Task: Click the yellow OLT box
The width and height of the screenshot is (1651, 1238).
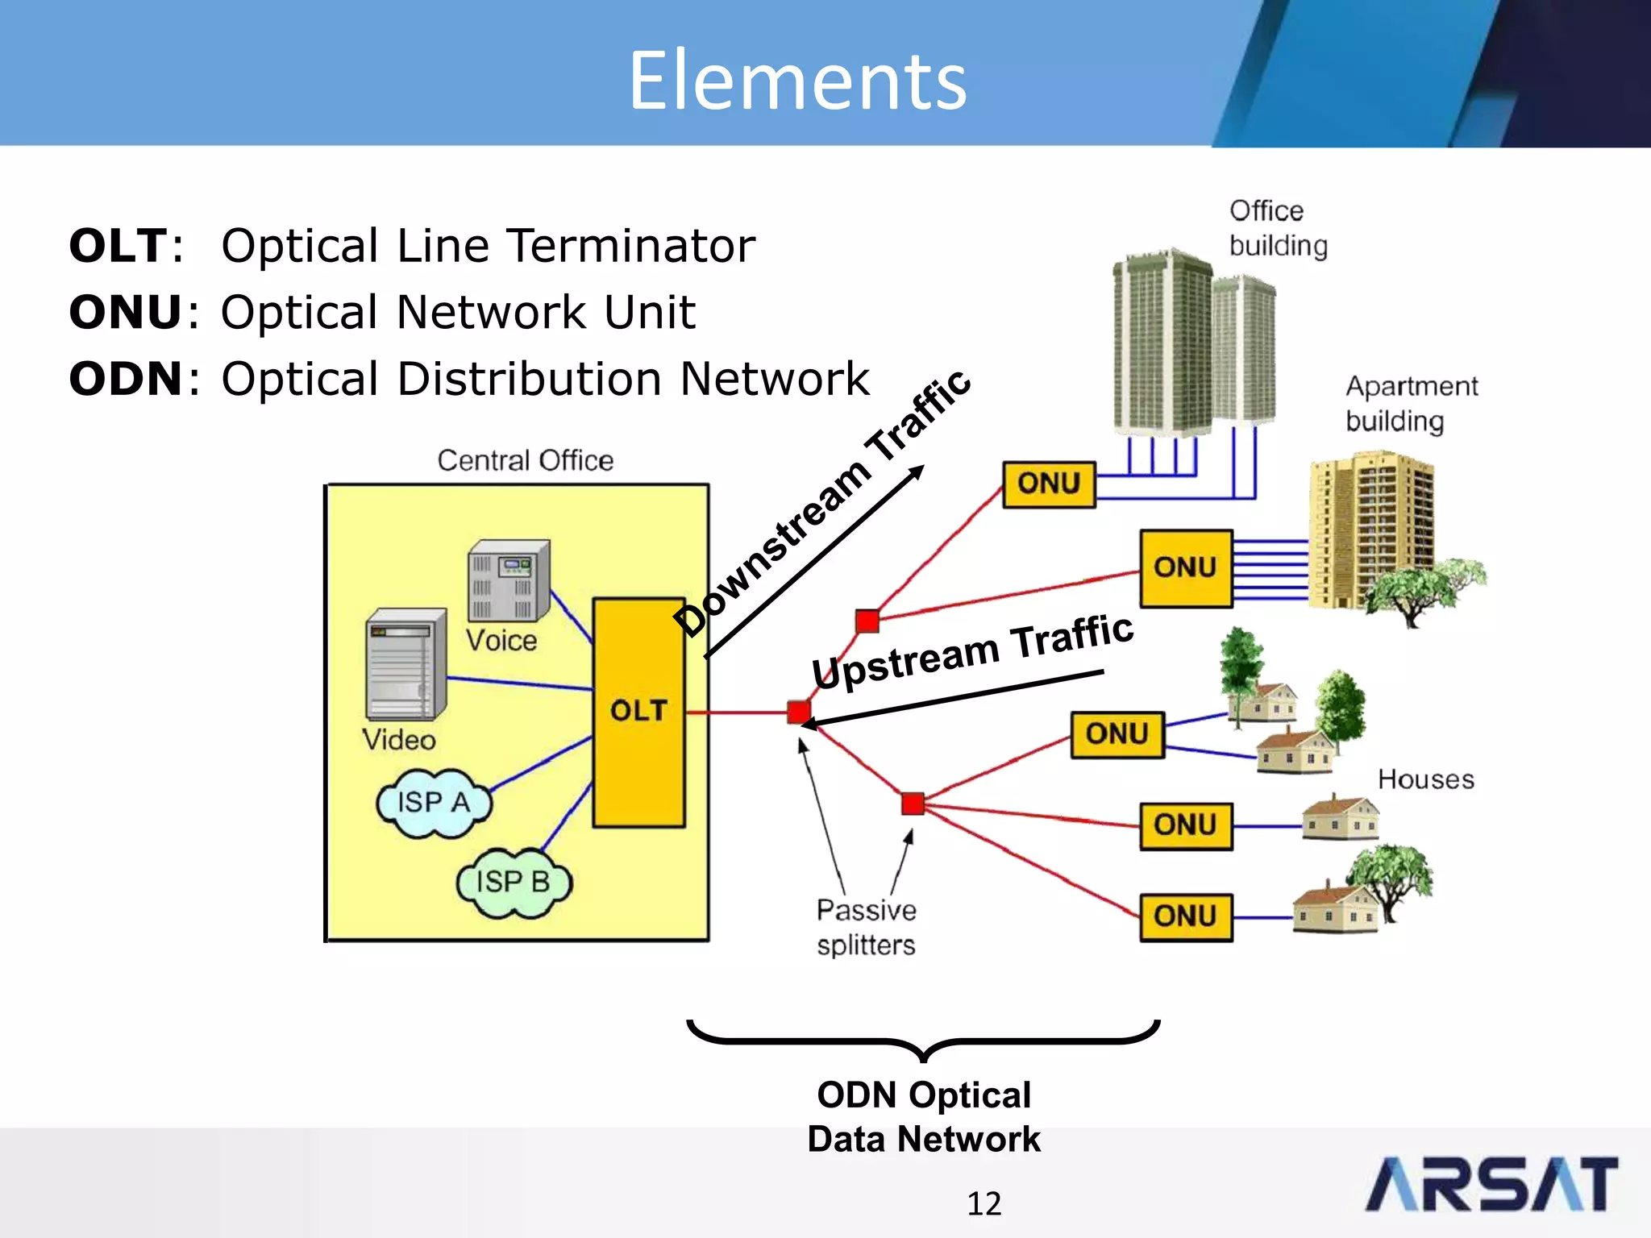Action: click(638, 712)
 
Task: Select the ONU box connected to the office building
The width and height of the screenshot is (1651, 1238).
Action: click(1049, 484)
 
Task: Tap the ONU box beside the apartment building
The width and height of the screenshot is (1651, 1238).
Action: click(1185, 568)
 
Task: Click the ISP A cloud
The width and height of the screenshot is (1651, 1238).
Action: click(434, 803)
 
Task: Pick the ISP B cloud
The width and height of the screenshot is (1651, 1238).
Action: click(514, 883)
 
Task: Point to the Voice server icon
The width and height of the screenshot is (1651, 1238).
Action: click(508, 580)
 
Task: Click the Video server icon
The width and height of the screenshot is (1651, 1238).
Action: click(405, 665)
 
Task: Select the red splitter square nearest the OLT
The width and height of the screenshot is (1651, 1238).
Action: click(799, 712)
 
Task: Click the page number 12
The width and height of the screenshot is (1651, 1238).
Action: click(984, 1203)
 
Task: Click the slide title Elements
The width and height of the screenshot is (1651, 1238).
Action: click(797, 81)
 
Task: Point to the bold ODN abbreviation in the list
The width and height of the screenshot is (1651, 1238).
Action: click(125, 379)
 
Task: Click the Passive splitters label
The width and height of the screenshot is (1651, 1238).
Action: click(866, 928)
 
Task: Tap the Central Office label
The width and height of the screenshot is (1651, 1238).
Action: click(525, 460)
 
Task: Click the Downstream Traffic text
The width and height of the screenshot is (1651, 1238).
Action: click(822, 504)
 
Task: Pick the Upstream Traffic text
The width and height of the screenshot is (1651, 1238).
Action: click(972, 651)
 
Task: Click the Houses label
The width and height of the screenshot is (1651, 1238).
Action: click(1425, 779)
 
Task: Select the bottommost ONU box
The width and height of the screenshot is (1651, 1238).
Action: click(1185, 917)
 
